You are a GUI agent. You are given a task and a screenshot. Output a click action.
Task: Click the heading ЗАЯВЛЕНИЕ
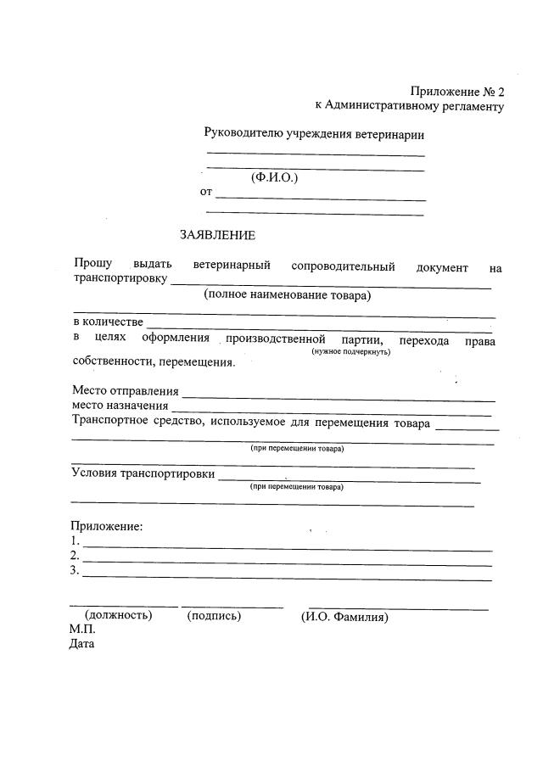click(x=217, y=235)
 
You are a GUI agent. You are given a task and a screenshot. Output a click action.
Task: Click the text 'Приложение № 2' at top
click(x=457, y=91)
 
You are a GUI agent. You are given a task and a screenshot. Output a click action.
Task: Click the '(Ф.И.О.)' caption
click(x=275, y=178)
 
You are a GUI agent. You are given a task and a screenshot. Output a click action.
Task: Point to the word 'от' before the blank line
click(x=206, y=192)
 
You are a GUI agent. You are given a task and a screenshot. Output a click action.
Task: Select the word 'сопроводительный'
click(x=343, y=266)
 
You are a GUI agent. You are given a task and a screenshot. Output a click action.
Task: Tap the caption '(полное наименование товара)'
click(x=288, y=296)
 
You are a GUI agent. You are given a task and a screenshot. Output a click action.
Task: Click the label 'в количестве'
click(x=108, y=322)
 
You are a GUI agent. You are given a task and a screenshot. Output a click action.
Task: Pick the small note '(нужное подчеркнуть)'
click(x=350, y=351)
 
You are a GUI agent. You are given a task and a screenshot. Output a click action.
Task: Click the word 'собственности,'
click(x=114, y=361)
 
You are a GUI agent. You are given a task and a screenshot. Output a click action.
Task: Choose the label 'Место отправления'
click(x=126, y=391)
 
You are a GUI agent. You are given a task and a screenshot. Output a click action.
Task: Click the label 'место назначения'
click(x=120, y=406)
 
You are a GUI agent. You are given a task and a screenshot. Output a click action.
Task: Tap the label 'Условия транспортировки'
click(x=143, y=473)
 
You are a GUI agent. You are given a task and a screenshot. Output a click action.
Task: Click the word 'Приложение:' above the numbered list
click(x=107, y=526)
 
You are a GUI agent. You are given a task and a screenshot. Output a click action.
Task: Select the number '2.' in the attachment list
click(x=76, y=556)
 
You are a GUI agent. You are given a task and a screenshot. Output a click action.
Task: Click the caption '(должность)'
click(x=119, y=616)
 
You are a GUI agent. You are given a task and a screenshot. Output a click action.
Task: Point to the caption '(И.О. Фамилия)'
click(x=344, y=617)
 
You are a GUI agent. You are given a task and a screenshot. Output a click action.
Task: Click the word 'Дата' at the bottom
click(x=82, y=644)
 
